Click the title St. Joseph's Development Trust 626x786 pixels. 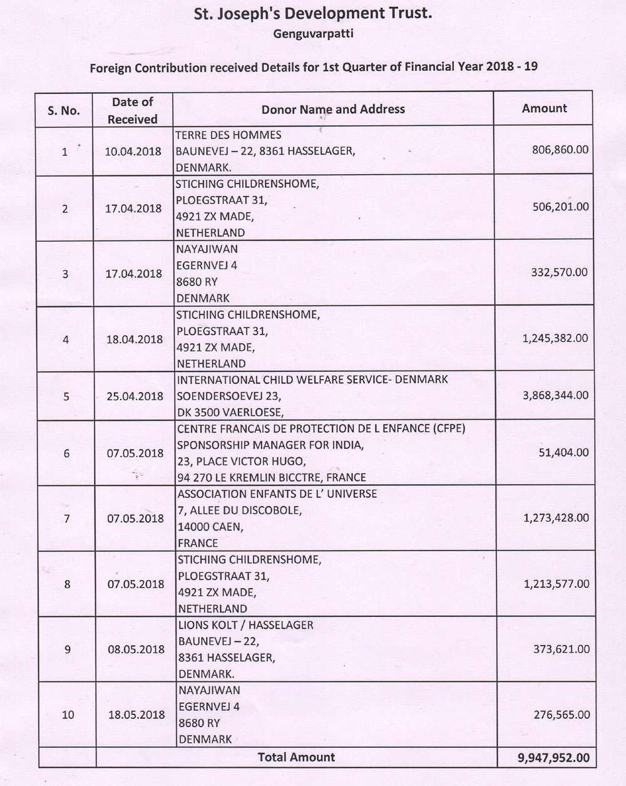(313, 13)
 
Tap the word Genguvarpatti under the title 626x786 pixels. (313, 34)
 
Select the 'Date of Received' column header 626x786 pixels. (132, 110)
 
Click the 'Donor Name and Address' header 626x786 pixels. (333, 109)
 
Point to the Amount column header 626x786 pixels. (544, 108)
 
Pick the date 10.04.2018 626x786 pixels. (133, 152)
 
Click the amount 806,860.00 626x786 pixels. (560, 150)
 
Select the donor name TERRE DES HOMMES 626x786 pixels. (228, 135)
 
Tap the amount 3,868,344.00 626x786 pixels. (556, 396)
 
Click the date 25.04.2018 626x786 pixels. (135, 396)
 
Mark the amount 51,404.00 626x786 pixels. (563, 452)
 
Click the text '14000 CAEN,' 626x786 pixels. (210, 527)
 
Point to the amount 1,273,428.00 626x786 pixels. (556, 518)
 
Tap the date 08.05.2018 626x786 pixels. (136, 649)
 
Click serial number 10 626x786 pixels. (68, 715)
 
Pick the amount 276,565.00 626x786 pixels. (561, 715)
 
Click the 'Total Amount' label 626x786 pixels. (296, 757)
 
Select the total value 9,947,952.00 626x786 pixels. (553, 758)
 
